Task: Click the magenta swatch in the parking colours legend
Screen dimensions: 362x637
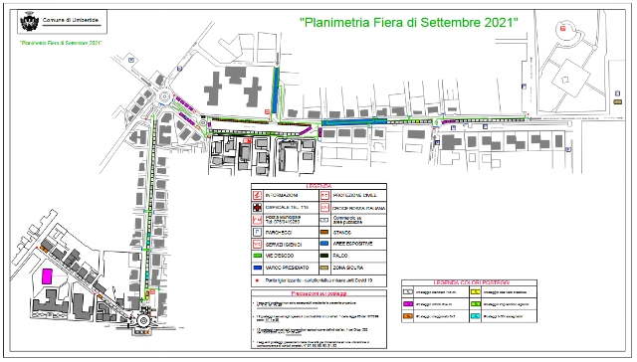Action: tap(409, 302)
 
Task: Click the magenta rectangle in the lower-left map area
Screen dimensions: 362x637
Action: tap(45, 275)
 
